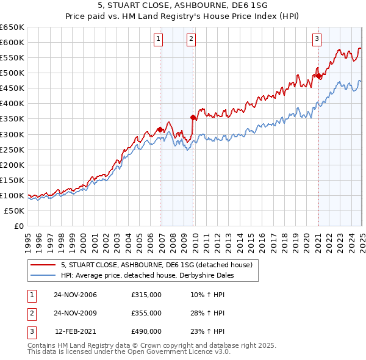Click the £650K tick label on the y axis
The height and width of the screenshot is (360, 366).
coord(12,27)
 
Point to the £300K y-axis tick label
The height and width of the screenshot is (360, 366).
coord(12,134)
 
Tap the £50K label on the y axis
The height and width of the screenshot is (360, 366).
coord(15,211)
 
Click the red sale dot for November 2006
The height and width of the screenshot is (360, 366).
coord(160,129)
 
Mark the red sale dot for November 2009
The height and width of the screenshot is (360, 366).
coord(193,117)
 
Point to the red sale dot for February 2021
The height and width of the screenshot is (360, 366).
coord(318,76)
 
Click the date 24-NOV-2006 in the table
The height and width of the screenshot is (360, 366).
coord(75,295)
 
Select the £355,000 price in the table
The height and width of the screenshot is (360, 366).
coord(146,313)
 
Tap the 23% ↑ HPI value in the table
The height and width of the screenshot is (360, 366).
coord(207,331)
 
